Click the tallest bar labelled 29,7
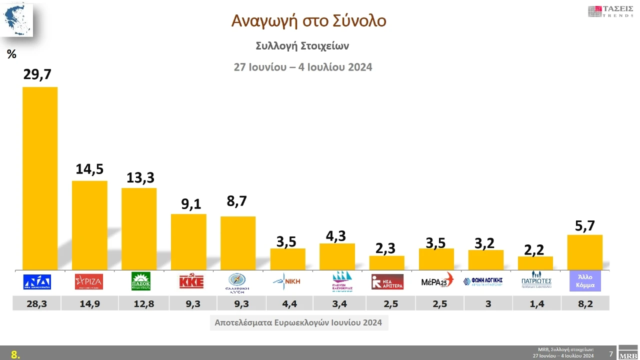40,178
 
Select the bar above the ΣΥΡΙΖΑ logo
89,225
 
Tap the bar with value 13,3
139,228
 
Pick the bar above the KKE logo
188,241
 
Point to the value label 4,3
335,235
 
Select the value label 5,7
584,226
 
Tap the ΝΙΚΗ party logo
287,281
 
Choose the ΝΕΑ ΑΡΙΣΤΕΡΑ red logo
387,281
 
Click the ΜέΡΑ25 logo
436,281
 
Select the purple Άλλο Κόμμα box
585,281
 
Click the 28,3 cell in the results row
36,303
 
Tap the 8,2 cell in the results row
585,303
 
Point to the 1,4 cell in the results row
536,303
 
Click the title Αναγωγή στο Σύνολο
308,20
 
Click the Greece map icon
16,19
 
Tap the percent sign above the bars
12,54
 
